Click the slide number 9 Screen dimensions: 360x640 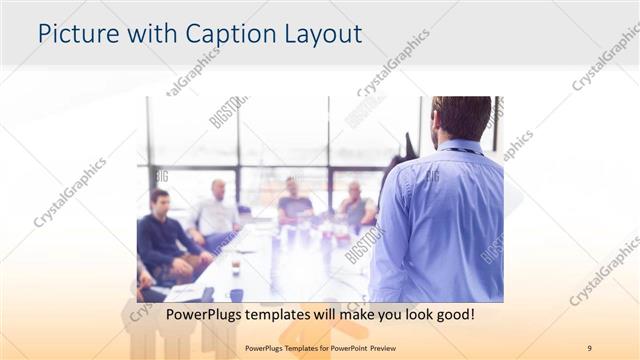click(x=590, y=347)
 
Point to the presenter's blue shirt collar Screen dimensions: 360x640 click(x=461, y=148)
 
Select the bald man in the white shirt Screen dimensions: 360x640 click(x=217, y=212)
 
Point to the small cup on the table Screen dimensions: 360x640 click(x=236, y=268)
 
